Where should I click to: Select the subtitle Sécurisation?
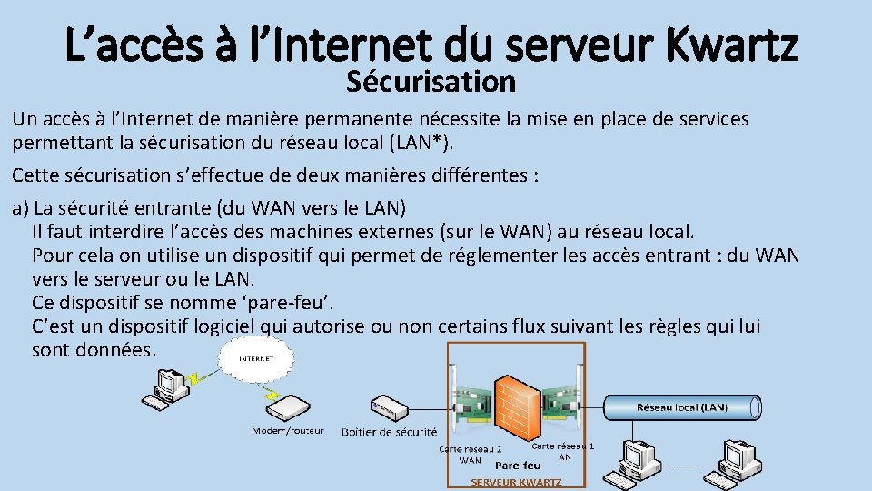pyautogui.click(x=431, y=82)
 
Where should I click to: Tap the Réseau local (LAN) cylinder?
pyautogui.click(x=681, y=407)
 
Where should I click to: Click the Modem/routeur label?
pyautogui.click(x=287, y=430)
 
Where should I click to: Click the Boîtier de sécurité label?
pyautogui.click(x=389, y=431)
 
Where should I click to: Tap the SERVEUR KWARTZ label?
pyautogui.click(x=515, y=482)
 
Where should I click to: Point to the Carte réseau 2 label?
pyautogui.click(x=471, y=449)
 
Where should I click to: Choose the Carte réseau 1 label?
pyautogui.click(x=563, y=446)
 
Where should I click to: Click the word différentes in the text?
pyautogui.click(x=484, y=175)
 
